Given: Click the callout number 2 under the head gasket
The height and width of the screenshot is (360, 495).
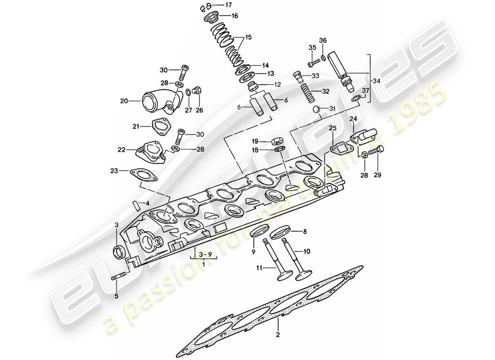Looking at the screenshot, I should point(278,334).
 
